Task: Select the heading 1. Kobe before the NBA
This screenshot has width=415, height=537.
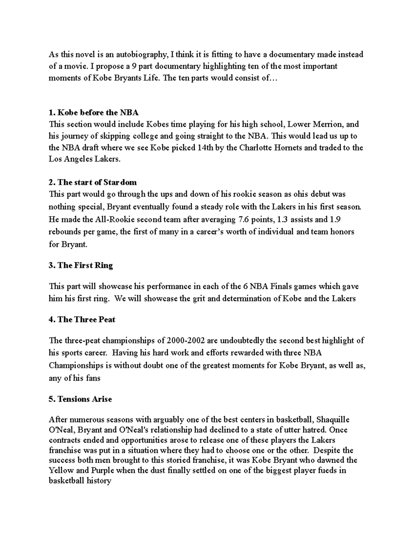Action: tap(94, 113)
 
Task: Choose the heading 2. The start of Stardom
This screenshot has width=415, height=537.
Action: tap(93, 182)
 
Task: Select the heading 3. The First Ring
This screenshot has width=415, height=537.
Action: tap(81, 266)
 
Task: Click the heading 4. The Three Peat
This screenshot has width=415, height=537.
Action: tap(82, 320)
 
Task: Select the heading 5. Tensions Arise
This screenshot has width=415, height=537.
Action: tap(80, 399)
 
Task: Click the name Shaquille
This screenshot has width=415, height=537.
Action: tap(333, 420)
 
